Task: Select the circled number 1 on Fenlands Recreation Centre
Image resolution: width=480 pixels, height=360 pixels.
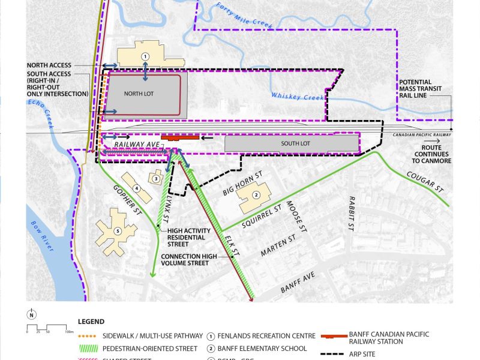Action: (x=145, y=56)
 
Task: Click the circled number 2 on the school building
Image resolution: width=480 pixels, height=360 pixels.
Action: (x=256, y=195)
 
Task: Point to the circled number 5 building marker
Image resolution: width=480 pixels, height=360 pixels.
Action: (x=118, y=230)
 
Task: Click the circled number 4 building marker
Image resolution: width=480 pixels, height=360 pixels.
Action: (x=137, y=189)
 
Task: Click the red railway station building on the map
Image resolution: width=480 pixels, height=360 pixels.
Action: (x=180, y=137)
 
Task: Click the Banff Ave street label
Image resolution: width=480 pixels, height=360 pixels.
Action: (x=298, y=285)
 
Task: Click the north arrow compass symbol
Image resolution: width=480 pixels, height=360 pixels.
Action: (x=31, y=314)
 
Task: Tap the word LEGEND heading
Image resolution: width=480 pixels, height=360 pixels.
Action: (x=91, y=322)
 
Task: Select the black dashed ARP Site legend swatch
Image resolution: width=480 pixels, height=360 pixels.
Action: (x=338, y=354)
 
